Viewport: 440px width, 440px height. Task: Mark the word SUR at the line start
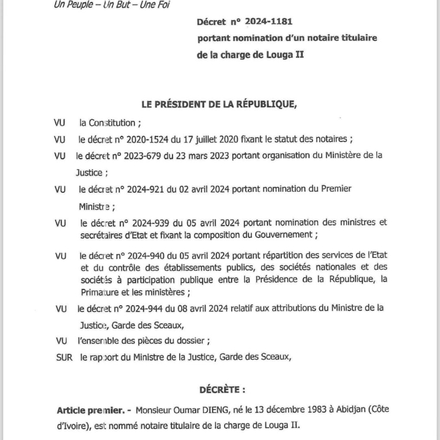64,357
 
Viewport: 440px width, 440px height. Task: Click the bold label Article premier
90,409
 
